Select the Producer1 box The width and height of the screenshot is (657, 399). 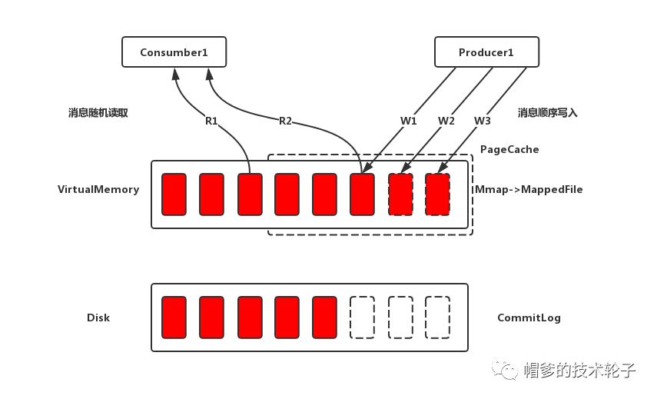[486, 52]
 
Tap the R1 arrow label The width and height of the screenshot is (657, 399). [211, 121]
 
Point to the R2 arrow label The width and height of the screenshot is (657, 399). [285, 121]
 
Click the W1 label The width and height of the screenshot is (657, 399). [408, 121]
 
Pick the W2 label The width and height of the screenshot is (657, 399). [446, 121]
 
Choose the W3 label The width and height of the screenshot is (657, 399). [482, 121]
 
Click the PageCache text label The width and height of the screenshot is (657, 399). [509, 149]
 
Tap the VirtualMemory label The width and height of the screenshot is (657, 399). [98, 189]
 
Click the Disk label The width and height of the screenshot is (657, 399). [98, 318]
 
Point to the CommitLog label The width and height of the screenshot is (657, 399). [529, 318]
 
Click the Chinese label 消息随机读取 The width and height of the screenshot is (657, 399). [98, 112]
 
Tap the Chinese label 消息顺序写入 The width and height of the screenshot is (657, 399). [547, 112]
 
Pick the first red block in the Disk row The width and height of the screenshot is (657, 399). [174, 316]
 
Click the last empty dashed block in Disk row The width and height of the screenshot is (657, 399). [437, 316]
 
